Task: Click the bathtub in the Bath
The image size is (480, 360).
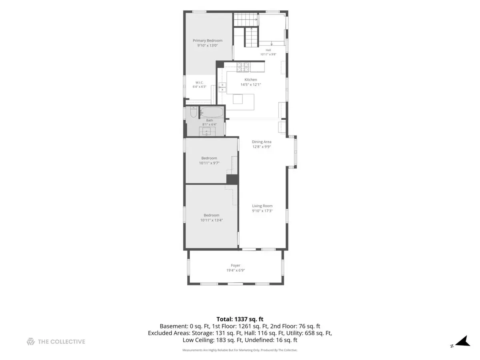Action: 212,112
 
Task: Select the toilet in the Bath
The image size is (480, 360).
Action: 194,112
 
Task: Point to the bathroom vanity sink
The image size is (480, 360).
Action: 207,131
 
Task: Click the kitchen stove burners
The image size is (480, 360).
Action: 243,67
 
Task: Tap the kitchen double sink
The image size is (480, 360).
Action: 222,87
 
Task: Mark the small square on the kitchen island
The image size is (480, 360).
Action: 238,99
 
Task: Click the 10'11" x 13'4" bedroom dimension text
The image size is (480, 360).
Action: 211,220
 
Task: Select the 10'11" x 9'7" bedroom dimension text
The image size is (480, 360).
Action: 209,163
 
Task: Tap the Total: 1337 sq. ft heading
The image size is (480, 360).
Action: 240,319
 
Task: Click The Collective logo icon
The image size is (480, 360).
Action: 31,342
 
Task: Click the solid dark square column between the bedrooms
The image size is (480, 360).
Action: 232,179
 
